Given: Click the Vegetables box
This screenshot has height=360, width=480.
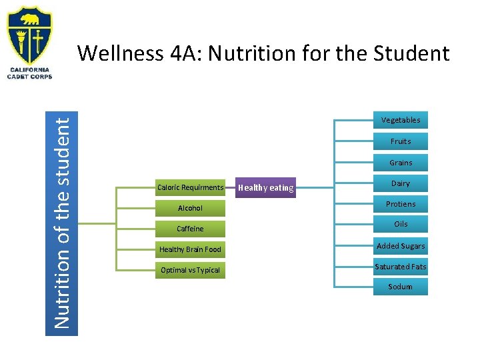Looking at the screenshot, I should tap(400, 120).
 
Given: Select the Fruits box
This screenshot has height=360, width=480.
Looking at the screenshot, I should tap(400, 141).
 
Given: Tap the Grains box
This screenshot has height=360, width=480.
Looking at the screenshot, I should tap(400, 163).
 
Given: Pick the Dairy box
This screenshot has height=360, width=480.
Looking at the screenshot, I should tap(400, 183).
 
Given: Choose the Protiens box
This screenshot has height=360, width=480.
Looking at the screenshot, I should tap(400, 204).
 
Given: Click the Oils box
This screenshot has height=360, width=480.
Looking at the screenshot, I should tap(400, 225).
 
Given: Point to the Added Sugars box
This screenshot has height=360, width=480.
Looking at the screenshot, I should tap(400, 246).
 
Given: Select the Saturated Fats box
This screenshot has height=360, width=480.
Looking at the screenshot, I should tap(400, 267).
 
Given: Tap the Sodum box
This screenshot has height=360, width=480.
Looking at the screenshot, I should tap(400, 287).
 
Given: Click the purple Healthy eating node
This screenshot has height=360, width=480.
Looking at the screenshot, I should tap(266, 188).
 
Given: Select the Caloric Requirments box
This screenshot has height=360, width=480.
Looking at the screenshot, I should tap(190, 187).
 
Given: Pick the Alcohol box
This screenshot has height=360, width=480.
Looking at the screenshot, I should tap(190, 208).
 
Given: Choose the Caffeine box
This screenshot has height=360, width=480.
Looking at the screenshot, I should tap(190, 229).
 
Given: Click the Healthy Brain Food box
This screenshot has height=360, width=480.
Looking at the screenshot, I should tap(190, 249).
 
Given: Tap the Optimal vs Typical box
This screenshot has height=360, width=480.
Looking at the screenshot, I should tap(190, 270).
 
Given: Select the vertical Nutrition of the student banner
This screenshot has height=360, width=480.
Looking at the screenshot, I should tap(65, 223).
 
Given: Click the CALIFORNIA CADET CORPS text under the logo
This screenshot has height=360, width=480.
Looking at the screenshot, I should tap(29, 73).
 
